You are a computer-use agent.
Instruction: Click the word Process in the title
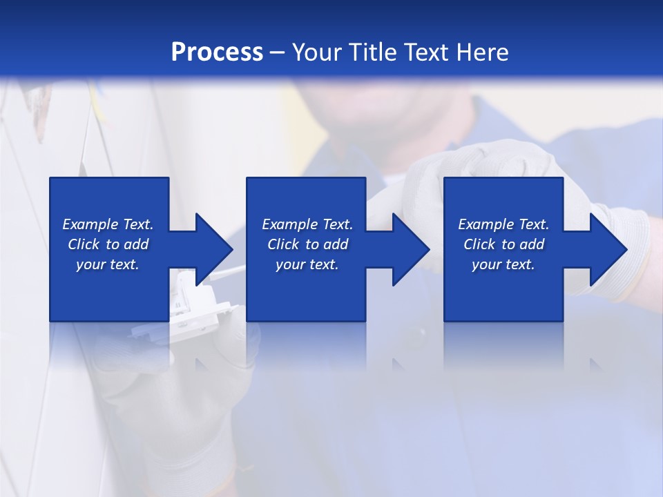point(217,52)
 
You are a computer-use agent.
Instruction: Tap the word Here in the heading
point(483,52)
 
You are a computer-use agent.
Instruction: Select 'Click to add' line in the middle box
point(307,244)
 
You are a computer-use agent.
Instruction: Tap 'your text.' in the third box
point(503,264)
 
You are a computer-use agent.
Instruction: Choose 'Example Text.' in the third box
point(503,224)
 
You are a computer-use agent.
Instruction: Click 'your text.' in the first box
point(108,264)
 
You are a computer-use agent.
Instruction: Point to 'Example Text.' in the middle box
point(307,224)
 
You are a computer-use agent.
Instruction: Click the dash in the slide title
point(278,52)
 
